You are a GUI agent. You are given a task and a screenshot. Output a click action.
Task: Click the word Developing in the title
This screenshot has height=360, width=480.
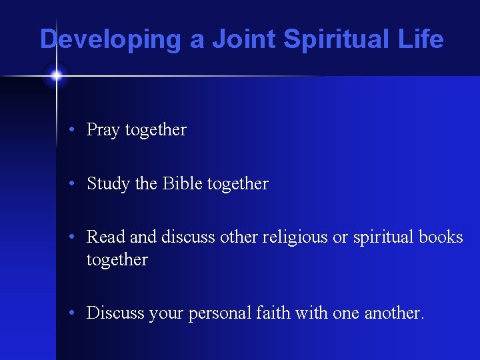point(111,39)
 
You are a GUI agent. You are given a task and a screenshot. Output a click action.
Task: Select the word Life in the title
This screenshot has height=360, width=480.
point(421,39)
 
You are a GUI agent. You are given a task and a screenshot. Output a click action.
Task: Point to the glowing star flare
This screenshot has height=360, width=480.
point(56,76)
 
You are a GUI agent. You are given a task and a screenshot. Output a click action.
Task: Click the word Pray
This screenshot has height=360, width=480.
point(103,130)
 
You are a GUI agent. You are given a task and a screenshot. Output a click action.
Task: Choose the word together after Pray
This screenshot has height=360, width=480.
point(156,130)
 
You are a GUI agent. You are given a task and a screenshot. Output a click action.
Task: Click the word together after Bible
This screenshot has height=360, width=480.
point(238,184)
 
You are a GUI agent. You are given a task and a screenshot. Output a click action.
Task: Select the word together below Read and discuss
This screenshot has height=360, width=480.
point(117,259)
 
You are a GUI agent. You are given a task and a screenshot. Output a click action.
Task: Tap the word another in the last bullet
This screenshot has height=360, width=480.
point(394,313)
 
